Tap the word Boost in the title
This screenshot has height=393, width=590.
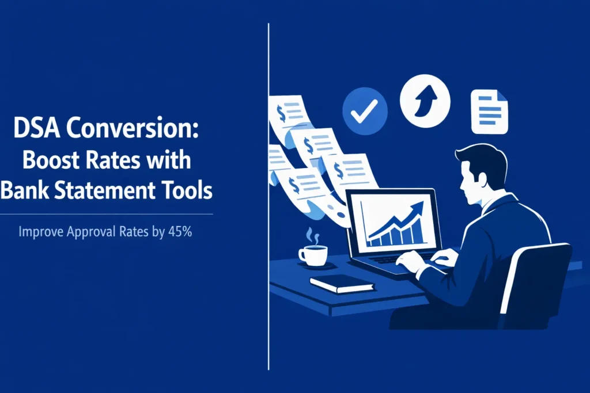(48, 159)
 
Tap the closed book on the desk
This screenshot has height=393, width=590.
(342, 283)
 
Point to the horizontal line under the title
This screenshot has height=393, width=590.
(107, 214)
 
